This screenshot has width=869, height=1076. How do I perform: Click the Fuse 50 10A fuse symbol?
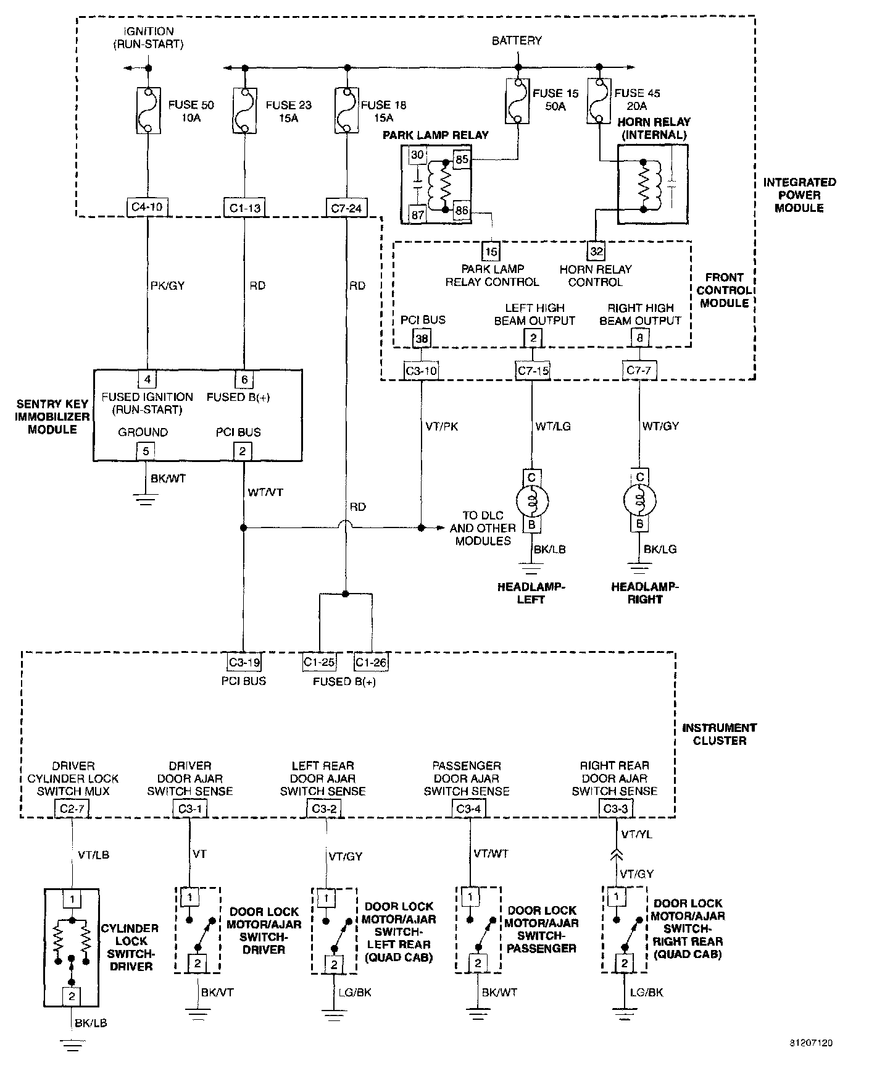[148, 110]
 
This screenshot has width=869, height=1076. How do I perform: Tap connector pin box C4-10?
[148, 207]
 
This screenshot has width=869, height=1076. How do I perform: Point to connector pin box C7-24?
[346, 208]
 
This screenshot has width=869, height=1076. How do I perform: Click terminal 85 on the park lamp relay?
[462, 159]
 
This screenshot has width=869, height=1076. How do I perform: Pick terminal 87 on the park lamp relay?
[418, 214]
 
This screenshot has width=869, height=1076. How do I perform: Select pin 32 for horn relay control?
[596, 251]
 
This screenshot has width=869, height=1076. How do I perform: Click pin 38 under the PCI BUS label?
[422, 338]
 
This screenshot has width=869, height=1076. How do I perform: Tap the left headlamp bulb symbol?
[531, 501]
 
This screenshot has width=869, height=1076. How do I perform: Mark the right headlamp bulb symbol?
[640, 500]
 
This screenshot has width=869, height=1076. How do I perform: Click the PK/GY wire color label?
[167, 285]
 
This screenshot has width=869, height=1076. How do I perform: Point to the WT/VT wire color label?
[265, 492]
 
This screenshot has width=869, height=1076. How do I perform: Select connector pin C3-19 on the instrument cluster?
[244, 662]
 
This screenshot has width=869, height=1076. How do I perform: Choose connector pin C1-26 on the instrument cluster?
[371, 662]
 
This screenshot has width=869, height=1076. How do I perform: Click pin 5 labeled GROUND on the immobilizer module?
[146, 451]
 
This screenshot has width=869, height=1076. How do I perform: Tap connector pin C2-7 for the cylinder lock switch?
[72, 809]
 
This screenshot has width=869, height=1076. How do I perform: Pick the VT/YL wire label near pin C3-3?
[636, 834]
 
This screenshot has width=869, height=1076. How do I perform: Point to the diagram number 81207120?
[811, 1043]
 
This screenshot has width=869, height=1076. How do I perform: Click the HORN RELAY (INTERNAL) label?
[654, 128]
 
